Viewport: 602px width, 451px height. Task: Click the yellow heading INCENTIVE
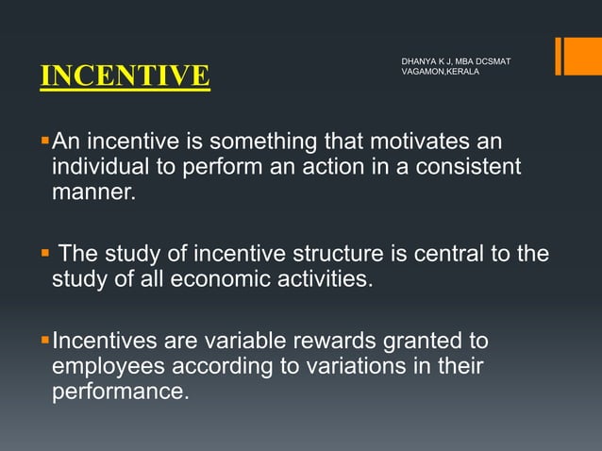(125, 76)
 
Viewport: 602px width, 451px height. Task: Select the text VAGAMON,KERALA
(440, 73)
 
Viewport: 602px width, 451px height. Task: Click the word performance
(120, 390)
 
